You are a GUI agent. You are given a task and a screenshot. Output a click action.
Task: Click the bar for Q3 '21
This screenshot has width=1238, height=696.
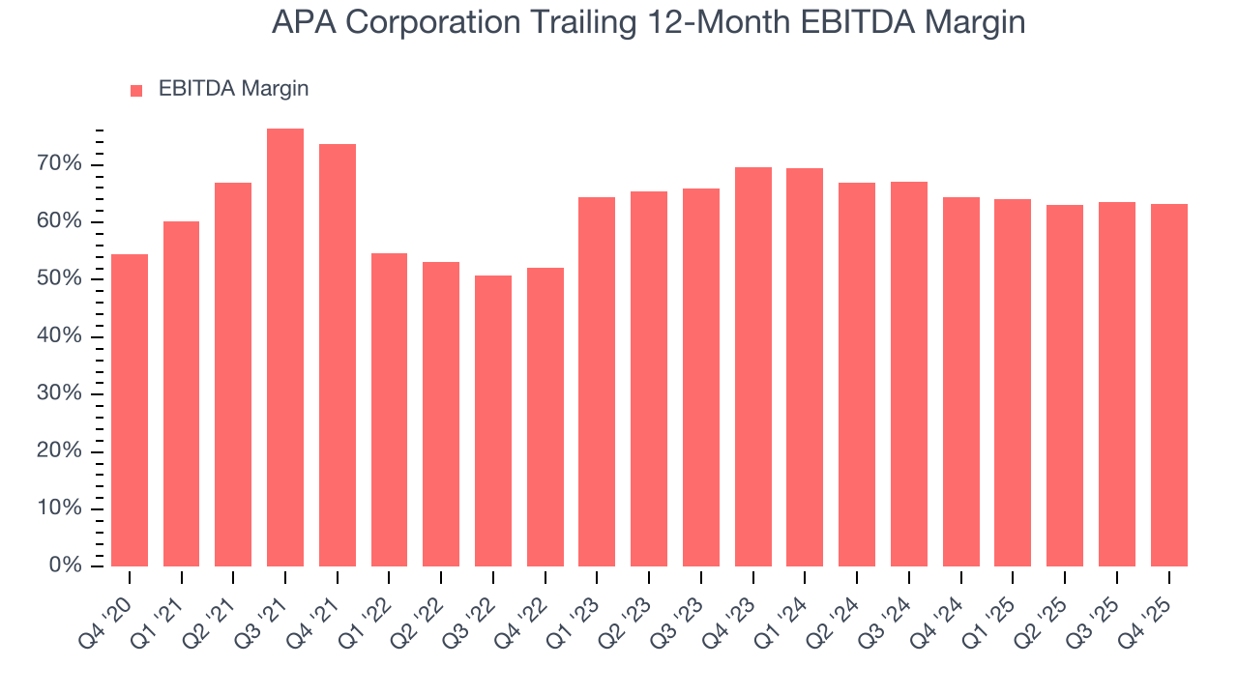coord(285,348)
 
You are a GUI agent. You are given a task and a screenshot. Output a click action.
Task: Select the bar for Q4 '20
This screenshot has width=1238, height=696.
coord(130,411)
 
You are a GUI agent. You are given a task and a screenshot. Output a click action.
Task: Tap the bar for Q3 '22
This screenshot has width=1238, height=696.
coord(493,421)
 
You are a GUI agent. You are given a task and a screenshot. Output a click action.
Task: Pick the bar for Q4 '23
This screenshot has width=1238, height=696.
coord(753,367)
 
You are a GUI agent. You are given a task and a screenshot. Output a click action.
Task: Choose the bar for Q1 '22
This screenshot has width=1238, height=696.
coord(389,410)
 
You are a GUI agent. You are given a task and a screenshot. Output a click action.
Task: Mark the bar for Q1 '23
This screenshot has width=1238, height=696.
coord(597,382)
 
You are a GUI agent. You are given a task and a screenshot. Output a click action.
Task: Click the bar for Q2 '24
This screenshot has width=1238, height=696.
coord(857,375)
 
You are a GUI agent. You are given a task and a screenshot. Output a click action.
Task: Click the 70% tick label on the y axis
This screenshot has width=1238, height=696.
coord(59,164)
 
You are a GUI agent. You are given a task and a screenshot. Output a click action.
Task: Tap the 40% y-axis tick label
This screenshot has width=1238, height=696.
coord(59,336)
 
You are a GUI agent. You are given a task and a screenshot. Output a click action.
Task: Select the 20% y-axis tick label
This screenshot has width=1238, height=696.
coord(59,451)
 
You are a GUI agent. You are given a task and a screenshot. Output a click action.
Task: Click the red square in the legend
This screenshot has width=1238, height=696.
coord(136,91)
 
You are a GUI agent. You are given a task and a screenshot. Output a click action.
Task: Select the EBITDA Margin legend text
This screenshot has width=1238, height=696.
coord(233,89)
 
